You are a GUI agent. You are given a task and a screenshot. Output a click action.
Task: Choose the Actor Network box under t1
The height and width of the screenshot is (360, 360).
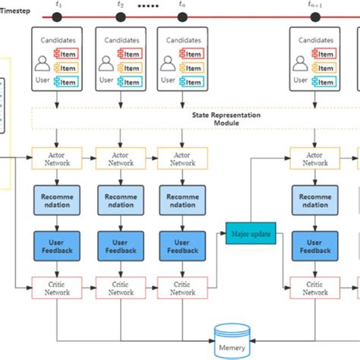[x=59, y=158]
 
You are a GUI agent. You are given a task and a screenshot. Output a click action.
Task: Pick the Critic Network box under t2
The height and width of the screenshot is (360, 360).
[x=121, y=288]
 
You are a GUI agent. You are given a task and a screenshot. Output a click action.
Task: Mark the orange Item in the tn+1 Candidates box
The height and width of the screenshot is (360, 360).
[x=324, y=68]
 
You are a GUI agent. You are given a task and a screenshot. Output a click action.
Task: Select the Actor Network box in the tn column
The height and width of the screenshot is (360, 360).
[x=182, y=158]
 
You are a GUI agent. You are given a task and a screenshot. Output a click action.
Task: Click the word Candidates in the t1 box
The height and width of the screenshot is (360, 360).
[x=60, y=39]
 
